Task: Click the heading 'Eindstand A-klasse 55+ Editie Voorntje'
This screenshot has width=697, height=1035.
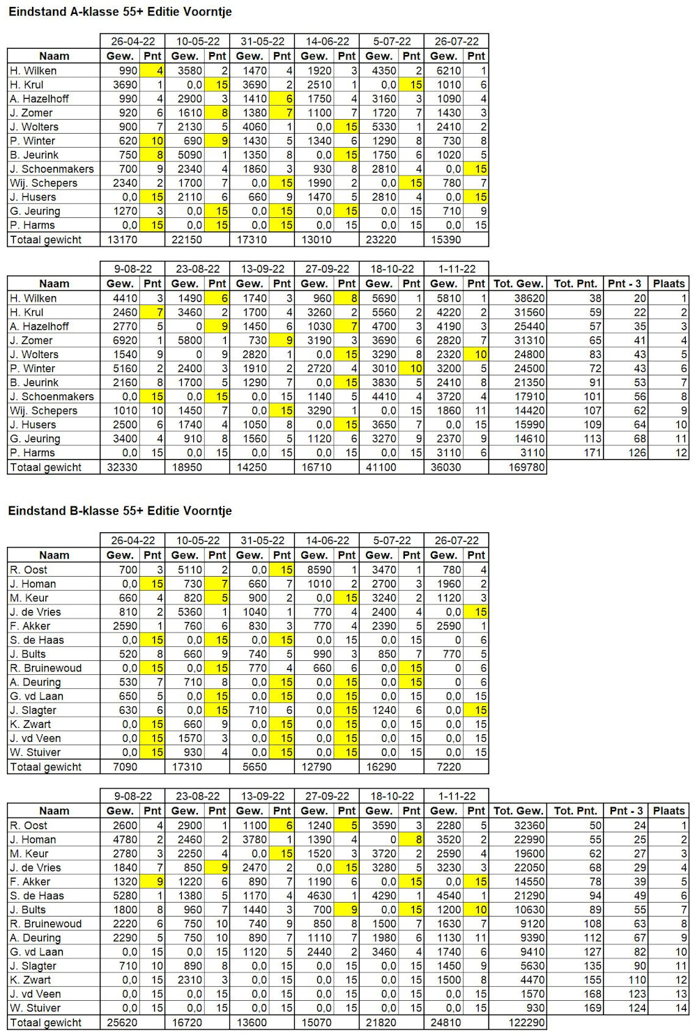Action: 121,12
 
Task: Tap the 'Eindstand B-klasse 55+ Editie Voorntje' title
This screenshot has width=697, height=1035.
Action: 121,511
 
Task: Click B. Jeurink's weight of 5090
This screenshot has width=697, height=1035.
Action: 190,155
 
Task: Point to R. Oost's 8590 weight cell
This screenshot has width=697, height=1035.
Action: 319,570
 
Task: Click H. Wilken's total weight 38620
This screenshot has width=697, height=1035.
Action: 530,299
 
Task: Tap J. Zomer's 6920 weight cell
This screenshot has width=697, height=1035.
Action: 125,341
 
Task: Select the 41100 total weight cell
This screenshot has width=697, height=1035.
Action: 381,467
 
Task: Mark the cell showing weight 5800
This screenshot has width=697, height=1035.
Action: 190,341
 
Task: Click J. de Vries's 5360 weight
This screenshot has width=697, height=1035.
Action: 190,612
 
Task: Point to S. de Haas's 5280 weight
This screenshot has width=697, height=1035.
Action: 125,896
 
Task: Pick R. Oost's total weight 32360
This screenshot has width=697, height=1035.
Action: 530,825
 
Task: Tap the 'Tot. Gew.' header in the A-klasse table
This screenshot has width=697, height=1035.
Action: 518,283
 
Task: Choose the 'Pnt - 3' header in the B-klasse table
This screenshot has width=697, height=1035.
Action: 626,811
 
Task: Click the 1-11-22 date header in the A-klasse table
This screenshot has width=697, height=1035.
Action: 457,269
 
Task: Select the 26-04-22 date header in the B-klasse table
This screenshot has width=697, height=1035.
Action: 132,540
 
